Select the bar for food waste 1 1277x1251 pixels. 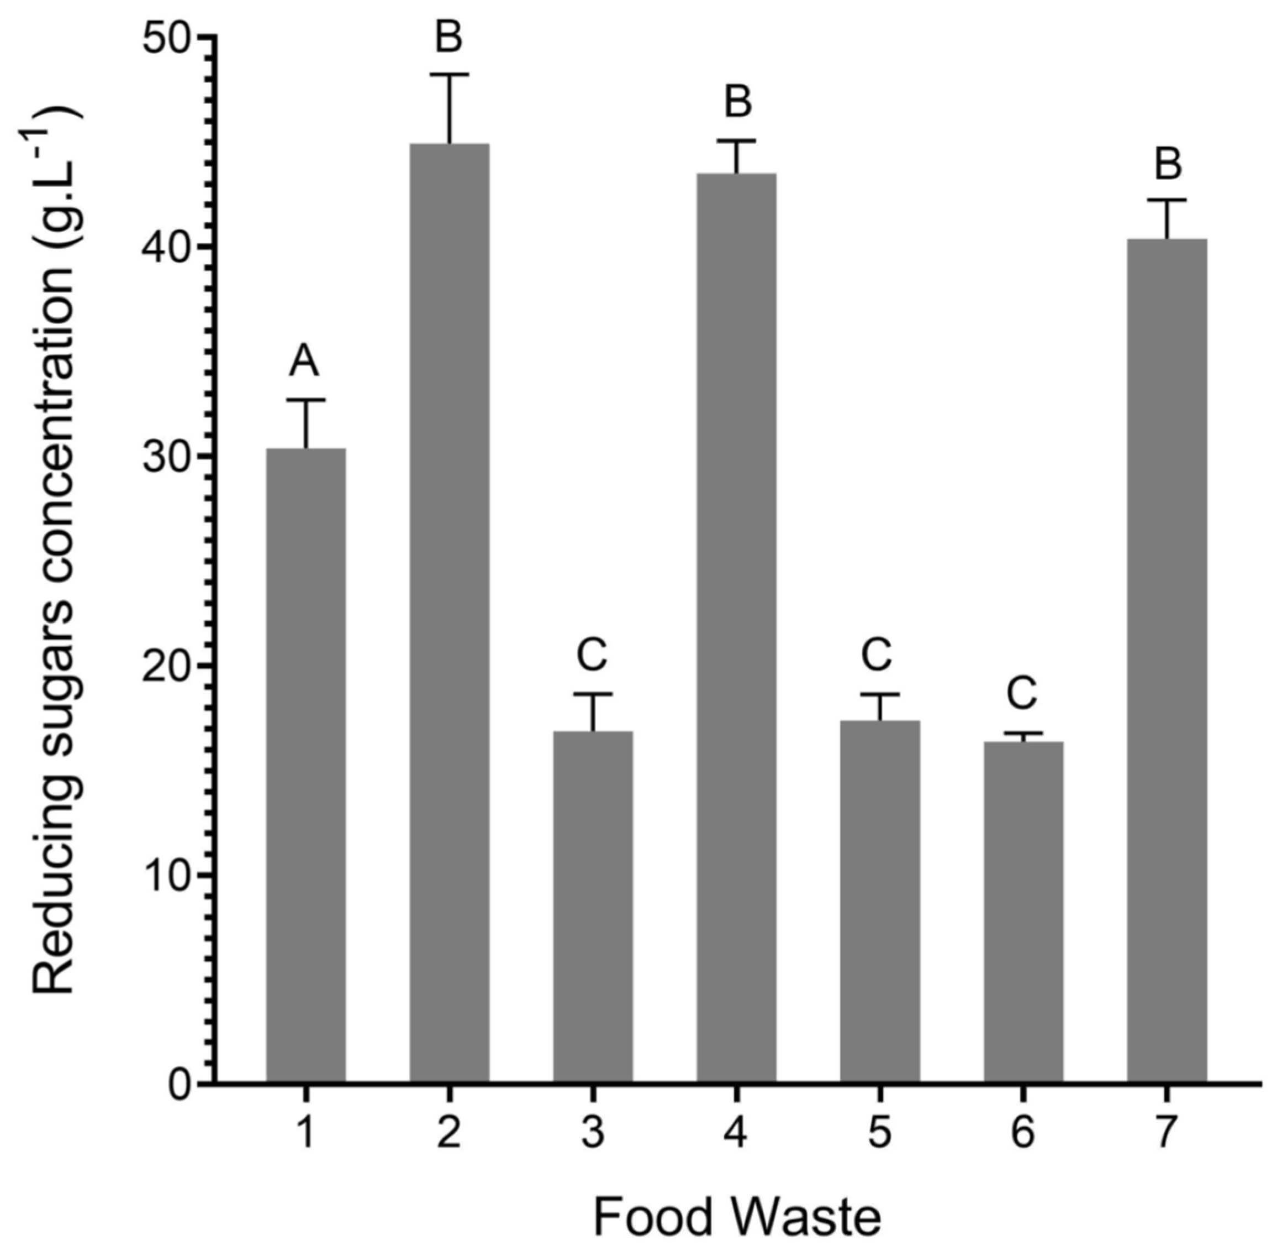pos(305,766)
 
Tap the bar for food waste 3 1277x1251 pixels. pos(592,907)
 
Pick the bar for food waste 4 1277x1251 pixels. pos(736,627)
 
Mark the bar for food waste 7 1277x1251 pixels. pos(1167,660)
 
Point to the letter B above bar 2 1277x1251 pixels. pos(449,37)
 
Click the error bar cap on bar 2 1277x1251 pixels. pos(449,75)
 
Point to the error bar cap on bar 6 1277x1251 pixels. pos(1023,732)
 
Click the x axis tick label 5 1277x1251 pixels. pos(879,1133)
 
